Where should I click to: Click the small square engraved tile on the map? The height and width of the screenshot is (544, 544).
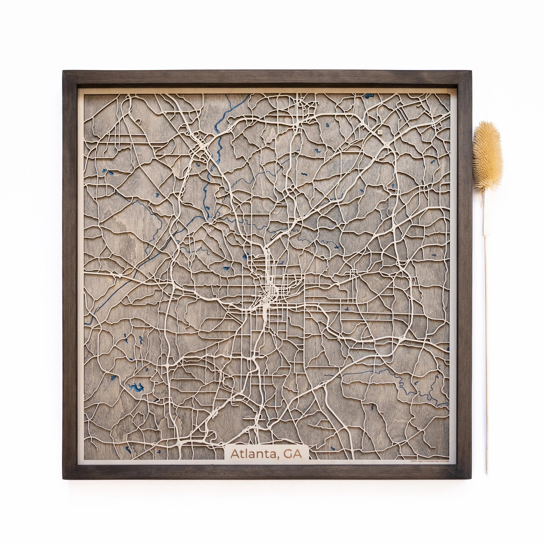380,131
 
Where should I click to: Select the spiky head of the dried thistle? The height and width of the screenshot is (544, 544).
487,158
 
